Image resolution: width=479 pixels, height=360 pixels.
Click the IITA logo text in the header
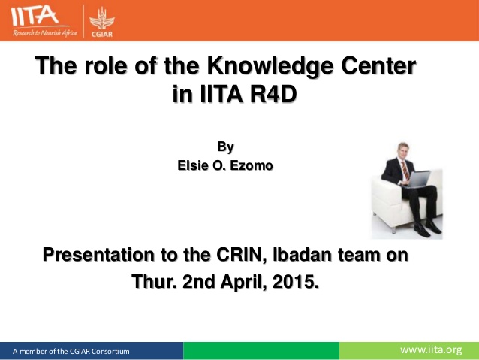(35, 16)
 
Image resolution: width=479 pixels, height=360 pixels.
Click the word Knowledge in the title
(270, 66)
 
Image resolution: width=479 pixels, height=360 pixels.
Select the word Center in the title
(378, 65)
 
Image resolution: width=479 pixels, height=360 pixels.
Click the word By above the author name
(225, 147)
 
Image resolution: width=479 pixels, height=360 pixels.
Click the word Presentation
(98, 255)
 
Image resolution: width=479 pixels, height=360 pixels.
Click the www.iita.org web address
(431, 350)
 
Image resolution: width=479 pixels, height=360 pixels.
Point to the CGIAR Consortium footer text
(71, 352)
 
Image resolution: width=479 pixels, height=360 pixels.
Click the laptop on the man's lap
(417, 179)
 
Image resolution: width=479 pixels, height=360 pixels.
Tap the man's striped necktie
(405, 170)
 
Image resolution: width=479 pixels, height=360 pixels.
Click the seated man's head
(403, 150)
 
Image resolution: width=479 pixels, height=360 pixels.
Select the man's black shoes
(428, 228)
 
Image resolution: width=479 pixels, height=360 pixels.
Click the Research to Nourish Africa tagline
(44, 33)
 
